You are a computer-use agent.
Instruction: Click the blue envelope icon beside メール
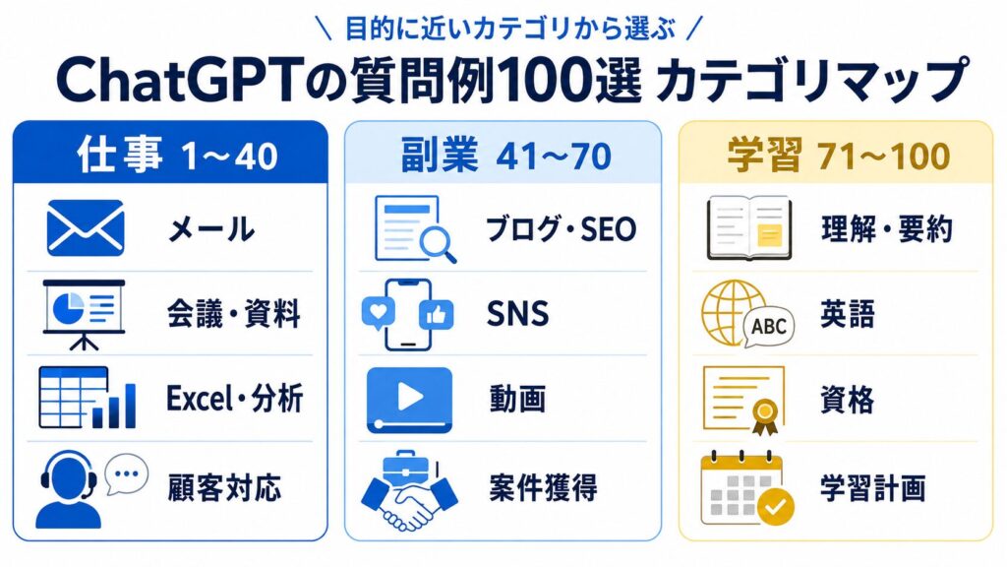pos(86,228)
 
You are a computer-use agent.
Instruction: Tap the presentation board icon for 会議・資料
pos(84,314)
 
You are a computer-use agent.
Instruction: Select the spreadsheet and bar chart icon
pos(88,398)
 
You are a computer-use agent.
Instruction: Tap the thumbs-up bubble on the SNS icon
pos(436,315)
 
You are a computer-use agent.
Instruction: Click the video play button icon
pos(409,400)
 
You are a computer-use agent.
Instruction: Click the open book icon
pos(748,228)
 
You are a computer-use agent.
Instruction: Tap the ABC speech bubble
pos(769,326)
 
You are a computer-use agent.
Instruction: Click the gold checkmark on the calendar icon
pos(776,507)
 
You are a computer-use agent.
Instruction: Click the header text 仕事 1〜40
pos(177,156)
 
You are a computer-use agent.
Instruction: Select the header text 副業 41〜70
pos(506,156)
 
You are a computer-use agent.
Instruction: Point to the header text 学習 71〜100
pos(839,156)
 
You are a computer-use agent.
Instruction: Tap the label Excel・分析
pos(234,398)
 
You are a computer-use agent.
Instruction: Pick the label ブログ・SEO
pos(561,228)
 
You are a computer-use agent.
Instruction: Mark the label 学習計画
pos(873,488)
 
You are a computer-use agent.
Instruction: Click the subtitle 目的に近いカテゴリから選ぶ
pos(510,29)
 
